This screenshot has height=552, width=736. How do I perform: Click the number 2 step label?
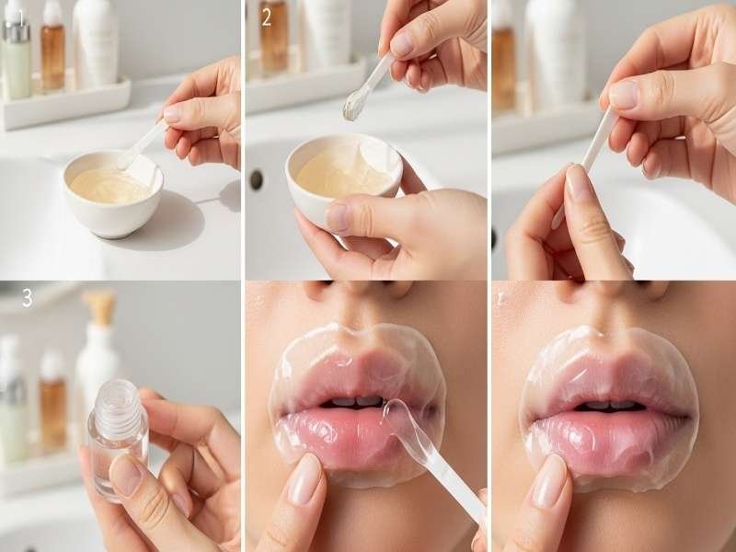[266, 17]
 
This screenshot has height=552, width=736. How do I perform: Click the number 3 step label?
[27, 297]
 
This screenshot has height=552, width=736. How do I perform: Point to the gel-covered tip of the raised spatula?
[351, 108]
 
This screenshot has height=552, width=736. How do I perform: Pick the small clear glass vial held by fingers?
[117, 437]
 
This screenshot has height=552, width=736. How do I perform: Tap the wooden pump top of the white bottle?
[98, 307]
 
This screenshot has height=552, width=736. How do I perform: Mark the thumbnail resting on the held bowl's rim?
[338, 217]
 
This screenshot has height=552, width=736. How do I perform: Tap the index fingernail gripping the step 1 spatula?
[172, 113]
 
